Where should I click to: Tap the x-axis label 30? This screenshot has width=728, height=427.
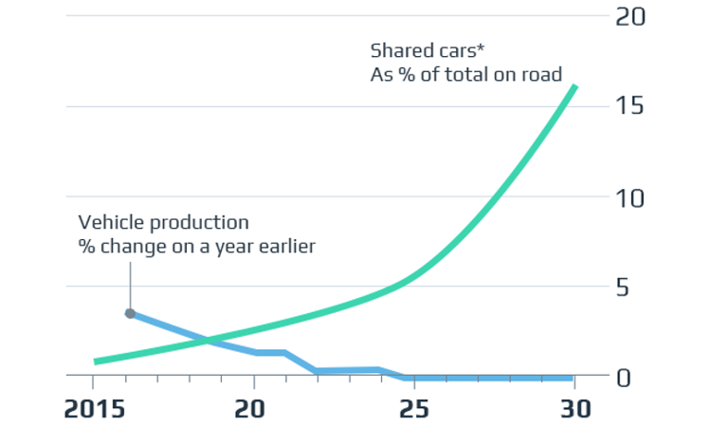click(x=573, y=409)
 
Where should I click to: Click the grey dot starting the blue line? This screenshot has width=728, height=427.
click(x=130, y=313)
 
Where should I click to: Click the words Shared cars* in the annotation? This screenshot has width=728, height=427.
click(x=412, y=50)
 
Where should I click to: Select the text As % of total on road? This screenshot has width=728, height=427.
click(x=465, y=74)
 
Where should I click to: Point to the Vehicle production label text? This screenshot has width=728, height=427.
click(x=163, y=223)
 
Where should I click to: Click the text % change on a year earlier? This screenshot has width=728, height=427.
click(x=196, y=247)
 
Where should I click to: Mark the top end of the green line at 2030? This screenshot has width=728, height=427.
click(x=573, y=87)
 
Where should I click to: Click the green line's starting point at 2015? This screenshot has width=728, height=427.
click(x=96, y=361)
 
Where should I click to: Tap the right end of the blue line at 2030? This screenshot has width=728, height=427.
click(x=572, y=377)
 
